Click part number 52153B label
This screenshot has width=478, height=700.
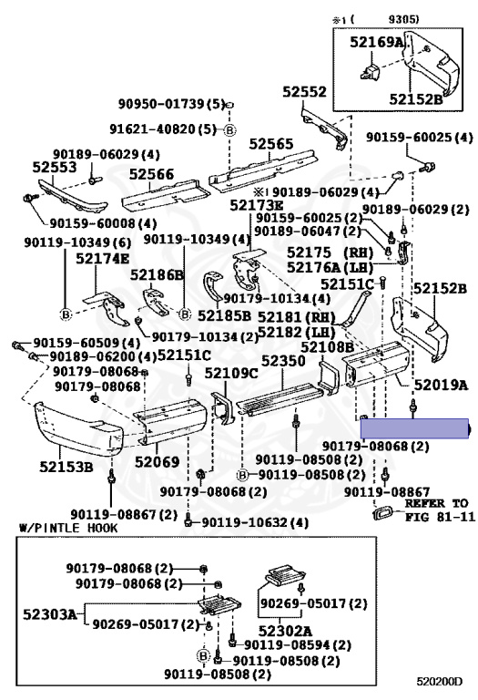[x=66, y=467]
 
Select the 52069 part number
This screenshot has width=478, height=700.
[x=157, y=461]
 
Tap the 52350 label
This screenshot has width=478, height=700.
[x=283, y=360]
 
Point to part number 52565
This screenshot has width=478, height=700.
[x=271, y=144]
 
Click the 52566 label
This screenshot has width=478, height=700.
[x=152, y=174]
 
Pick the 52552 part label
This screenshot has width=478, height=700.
[x=304, y=91]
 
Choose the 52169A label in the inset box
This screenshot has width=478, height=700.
[x=376, y=42]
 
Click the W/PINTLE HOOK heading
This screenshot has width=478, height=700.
[x=68, y=528]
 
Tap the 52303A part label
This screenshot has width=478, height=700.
[x=49, y=614]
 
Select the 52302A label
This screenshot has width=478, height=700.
[x=285, y=631]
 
